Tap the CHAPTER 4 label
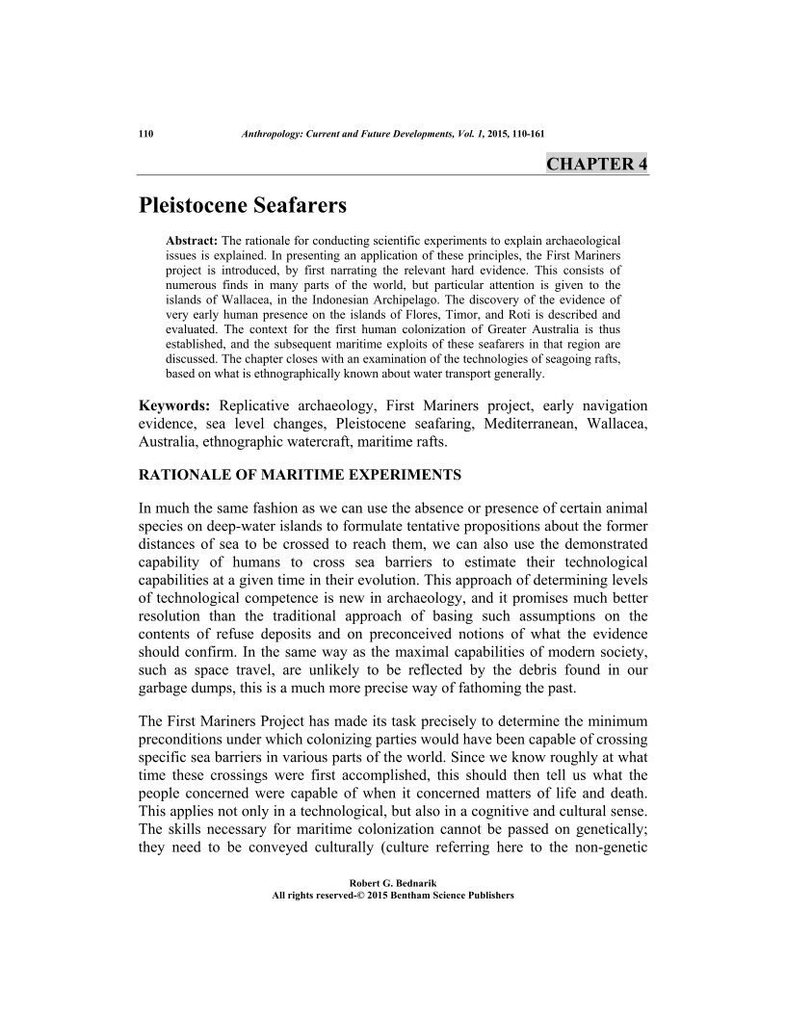tap(596, 163)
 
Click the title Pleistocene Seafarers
tap(242, 205)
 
